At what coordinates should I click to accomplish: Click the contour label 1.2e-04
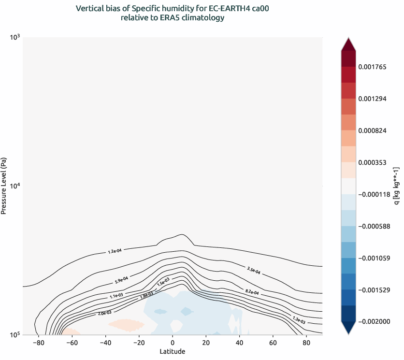(x=115, y=251)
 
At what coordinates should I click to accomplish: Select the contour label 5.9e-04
(x=121, y=279)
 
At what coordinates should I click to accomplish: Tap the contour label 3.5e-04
(x=253, y=270)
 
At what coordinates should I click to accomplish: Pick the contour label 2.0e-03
(x=104, y=313)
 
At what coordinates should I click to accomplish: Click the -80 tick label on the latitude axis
(x=38, y=343)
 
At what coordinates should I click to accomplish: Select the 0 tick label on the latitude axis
(x=173, y=343)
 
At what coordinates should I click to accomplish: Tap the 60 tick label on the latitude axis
(x=273, y=343)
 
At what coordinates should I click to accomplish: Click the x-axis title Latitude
(x=173, y=351)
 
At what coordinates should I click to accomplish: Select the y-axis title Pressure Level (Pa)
(x=4, y=186)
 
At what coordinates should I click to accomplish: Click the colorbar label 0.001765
(x=372, y=67)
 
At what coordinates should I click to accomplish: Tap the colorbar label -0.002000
(x=374, y=321)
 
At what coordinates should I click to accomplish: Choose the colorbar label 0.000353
(x=372, y=163)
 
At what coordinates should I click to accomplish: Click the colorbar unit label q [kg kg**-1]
(x=397, y=186)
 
